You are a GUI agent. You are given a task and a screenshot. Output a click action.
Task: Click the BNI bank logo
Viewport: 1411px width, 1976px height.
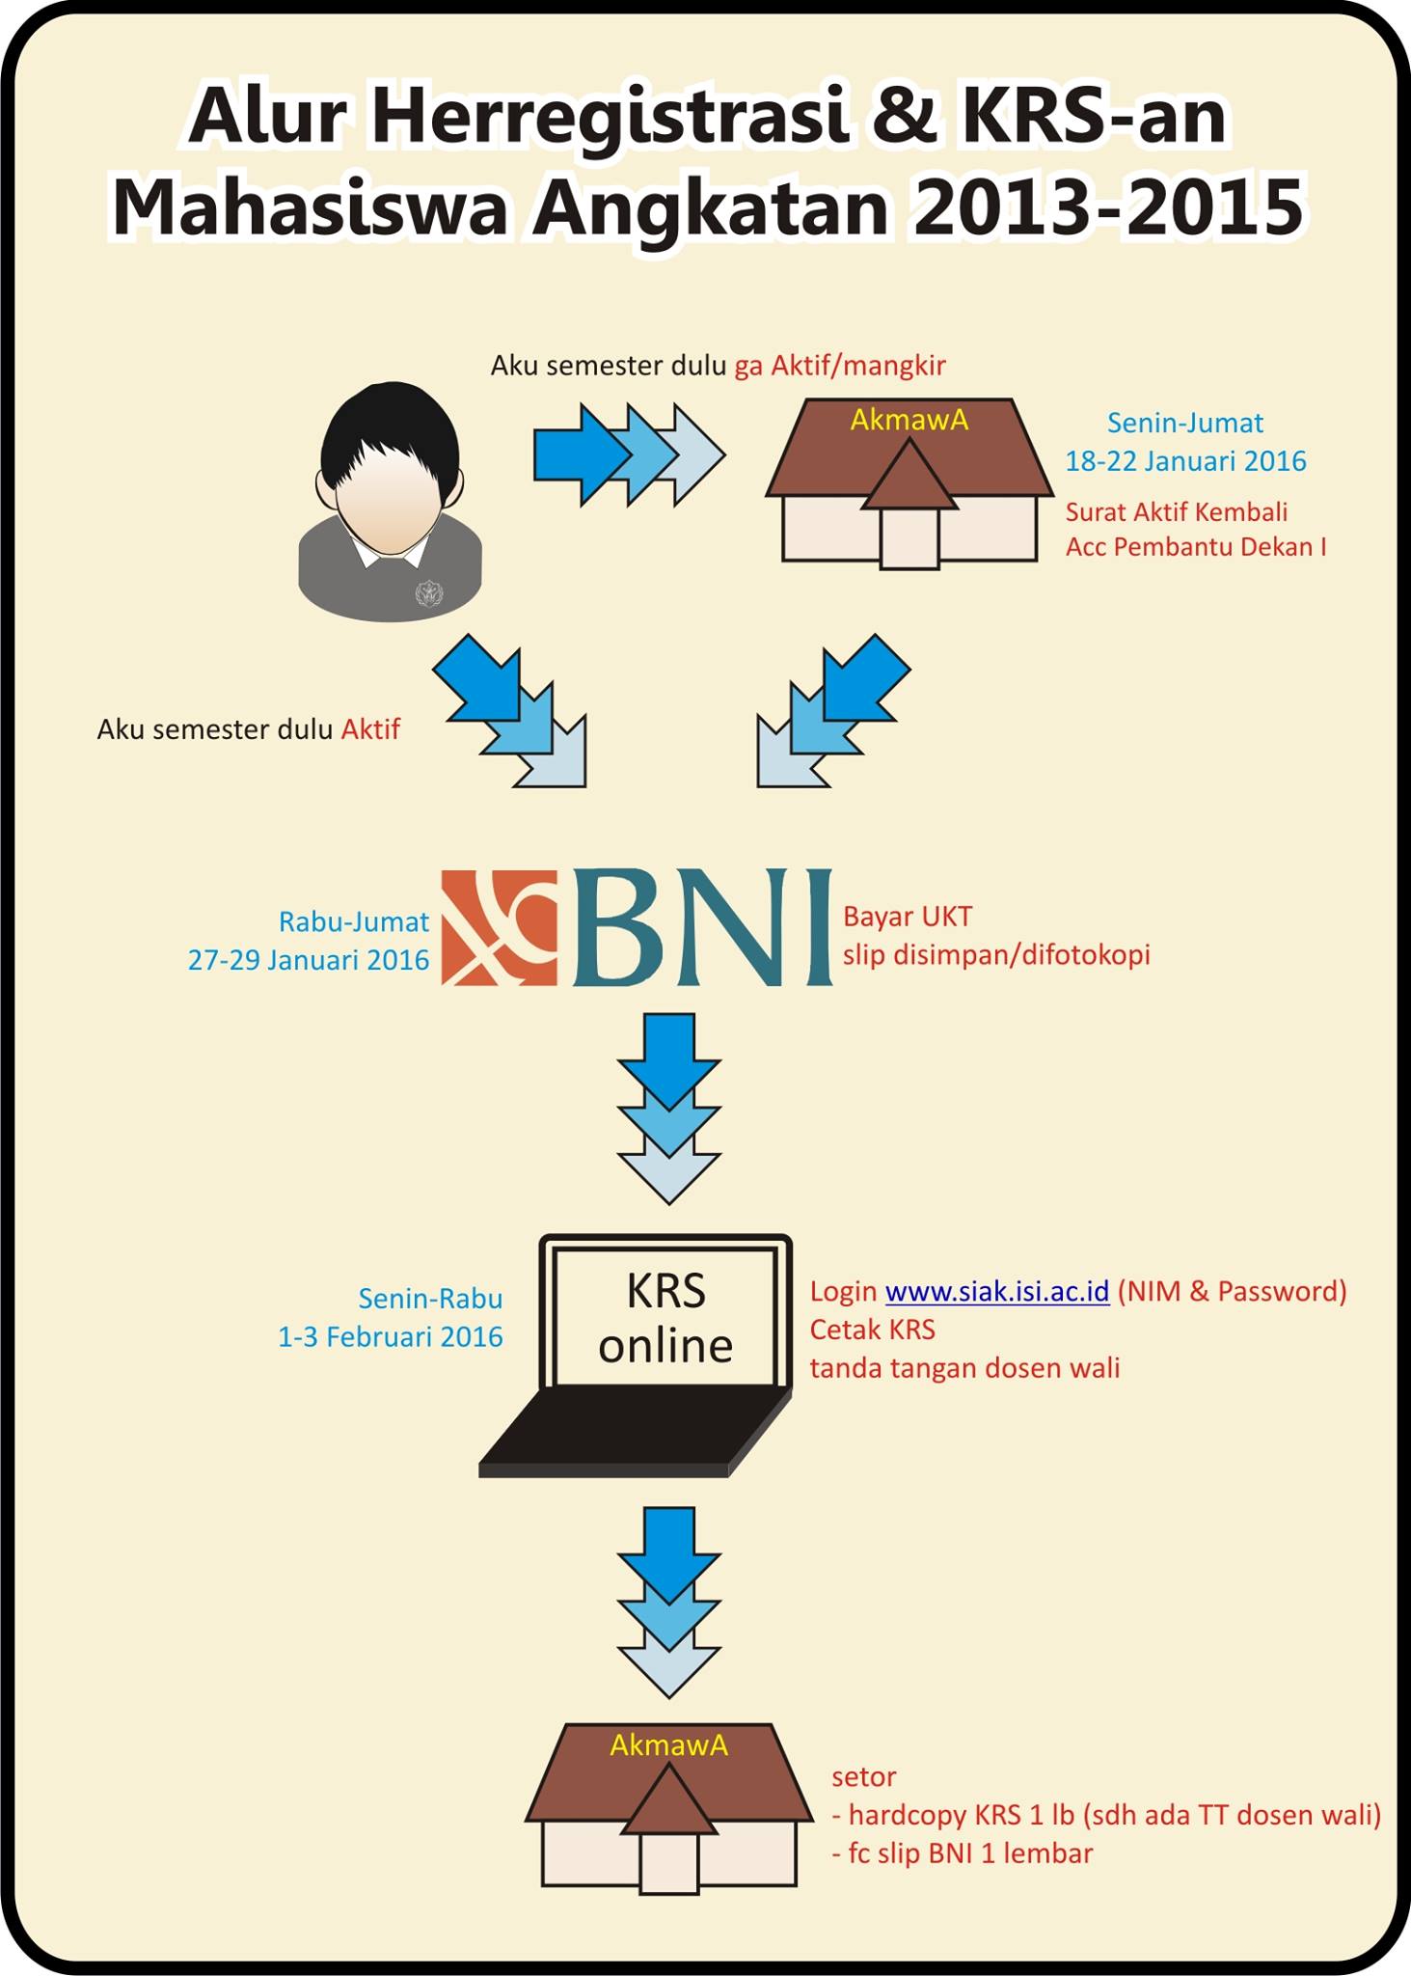coord(637,927)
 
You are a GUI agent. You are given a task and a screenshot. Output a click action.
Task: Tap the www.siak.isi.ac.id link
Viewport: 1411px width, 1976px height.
coord(997,1291)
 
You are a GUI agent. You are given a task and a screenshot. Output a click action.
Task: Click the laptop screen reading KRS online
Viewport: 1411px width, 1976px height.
coord(665,1317)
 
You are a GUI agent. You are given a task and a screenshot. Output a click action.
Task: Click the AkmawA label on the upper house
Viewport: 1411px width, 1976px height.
coord(909,420)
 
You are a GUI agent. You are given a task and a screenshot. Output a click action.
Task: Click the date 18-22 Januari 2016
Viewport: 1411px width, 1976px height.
coord(1185,461)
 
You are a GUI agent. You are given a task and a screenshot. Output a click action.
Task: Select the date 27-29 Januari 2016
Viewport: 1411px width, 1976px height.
coord(309,960)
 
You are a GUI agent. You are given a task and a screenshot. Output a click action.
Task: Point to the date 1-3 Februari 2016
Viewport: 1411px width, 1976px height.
coord(391,1336)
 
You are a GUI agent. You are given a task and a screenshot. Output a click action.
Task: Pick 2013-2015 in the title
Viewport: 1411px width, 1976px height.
coord(1108,208)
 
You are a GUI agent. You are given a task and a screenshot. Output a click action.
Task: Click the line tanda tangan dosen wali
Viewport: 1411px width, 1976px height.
coord(964,1368)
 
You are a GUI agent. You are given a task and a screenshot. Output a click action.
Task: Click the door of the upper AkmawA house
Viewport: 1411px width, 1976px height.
coord(909,537)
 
